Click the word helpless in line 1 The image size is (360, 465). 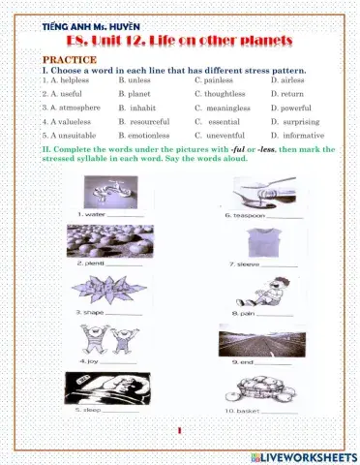(x=67, y=80)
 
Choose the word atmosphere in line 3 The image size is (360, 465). (x=75, y=108)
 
